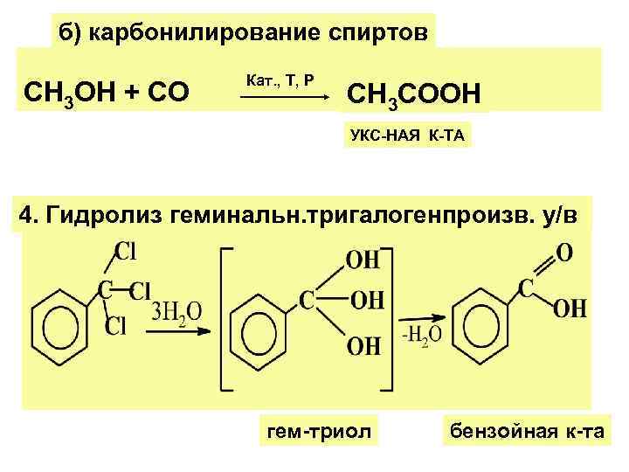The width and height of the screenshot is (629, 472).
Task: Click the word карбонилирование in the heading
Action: click(x=191, y=32)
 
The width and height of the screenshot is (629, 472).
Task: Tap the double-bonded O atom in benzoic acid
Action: click(x=564, y=252)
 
